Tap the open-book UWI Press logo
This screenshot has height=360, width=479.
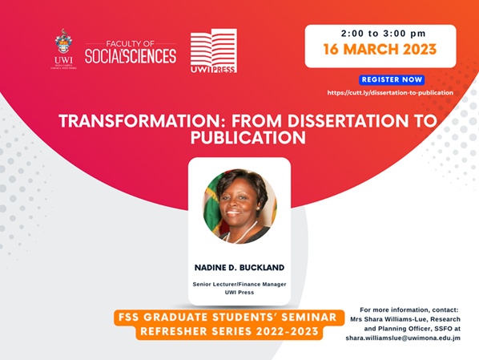213,51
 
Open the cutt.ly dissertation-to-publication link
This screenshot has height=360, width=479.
390,92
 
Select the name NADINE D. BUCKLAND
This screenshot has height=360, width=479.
239,267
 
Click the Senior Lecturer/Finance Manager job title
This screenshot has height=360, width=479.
239,284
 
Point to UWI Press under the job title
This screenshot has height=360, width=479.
239,293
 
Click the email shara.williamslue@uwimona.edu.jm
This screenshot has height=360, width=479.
403,338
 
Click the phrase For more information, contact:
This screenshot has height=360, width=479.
409,309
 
